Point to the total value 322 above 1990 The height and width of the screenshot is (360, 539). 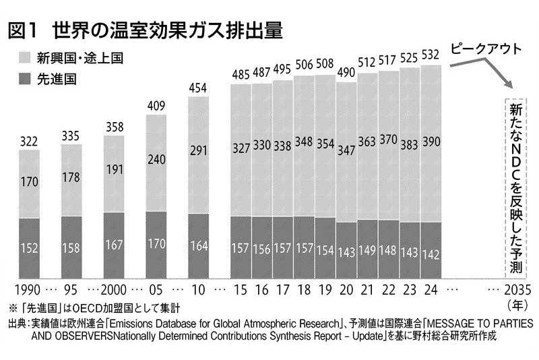point(30,142)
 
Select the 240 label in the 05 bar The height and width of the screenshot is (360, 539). point(156,161)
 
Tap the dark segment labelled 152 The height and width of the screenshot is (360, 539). point(30,248)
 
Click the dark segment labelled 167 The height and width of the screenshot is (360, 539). point(115,245)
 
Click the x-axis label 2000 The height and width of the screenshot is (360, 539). point(115,291)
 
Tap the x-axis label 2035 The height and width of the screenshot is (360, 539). point(516,291)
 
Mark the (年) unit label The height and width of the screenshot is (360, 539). point(516,305)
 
